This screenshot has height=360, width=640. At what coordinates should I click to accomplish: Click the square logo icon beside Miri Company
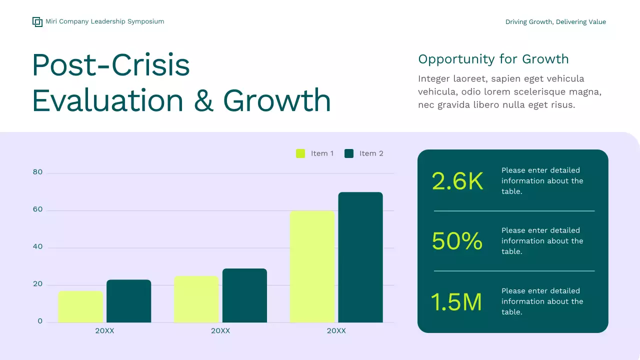[x=37, y=21]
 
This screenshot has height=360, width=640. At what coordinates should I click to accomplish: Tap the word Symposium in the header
[x=145, y=21]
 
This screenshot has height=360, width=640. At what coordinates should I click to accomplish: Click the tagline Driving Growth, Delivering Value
[x=555, y=22]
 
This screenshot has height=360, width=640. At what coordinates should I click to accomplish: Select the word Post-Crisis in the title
[x=110, y=65]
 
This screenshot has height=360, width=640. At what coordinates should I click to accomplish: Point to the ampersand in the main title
[x=203, y=100]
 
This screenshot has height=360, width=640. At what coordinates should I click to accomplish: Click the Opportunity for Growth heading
[x=493, y=59]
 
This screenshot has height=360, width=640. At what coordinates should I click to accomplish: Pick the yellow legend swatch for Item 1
[x=300, y=153]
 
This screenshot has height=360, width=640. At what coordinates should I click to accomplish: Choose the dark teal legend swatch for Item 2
[x=349, y=153]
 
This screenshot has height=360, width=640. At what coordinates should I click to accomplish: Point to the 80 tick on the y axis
[x=38, y=172]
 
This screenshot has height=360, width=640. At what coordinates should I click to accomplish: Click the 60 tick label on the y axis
[x=38, y=209]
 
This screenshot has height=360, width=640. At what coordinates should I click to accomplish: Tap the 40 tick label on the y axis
[x=38, y=247]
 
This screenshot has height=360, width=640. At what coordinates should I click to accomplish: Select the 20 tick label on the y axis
[x=38, y=284]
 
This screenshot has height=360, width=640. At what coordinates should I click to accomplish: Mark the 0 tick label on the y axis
[x=40, y=321]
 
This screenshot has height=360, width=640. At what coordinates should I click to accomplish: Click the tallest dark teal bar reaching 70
[x=360, y=257]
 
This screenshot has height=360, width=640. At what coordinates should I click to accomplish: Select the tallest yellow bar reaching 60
[x=312, y=267]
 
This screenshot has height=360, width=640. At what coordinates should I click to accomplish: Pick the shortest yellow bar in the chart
[x=80, y=307]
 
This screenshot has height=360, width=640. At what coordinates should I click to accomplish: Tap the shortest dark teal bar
[x=128, y=301]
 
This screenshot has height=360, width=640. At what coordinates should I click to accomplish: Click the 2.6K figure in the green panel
[x=457, y=181]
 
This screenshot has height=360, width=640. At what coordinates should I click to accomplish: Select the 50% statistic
[x=457, y=241]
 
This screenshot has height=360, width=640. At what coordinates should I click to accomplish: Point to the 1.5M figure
[x=456, y=302]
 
